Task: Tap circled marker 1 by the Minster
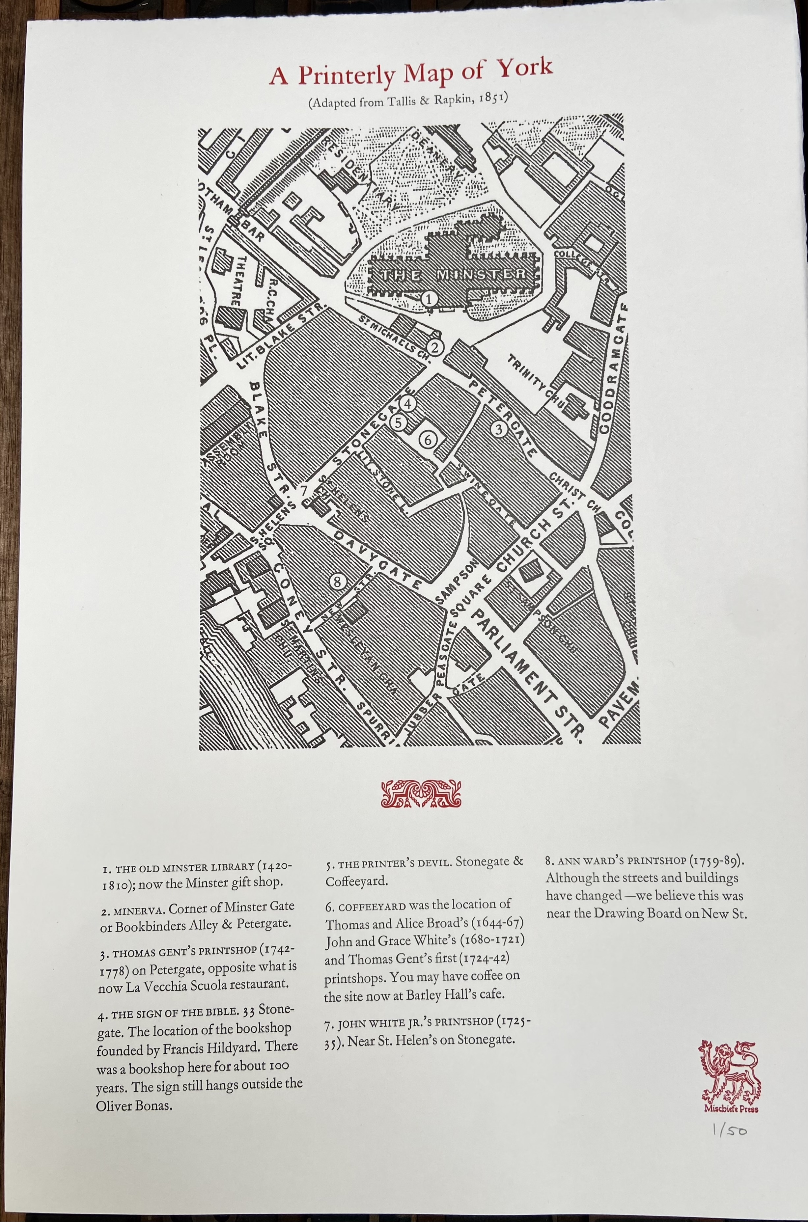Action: coord(429,298)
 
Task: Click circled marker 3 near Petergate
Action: coord(498,429)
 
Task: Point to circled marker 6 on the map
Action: coord(428,440)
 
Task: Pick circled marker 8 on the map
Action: coord(337,582)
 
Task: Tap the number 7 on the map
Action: coord(304,490)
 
